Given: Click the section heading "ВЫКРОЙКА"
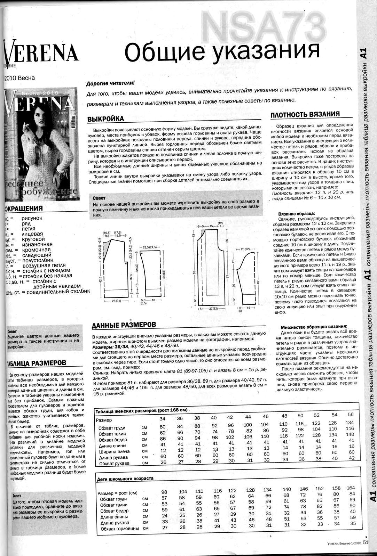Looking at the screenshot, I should [105, 119].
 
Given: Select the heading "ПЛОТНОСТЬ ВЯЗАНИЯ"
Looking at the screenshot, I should [305, 114].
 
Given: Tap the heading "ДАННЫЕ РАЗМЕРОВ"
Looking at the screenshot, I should [123, 326].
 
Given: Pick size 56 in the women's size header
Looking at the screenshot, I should [351, 414].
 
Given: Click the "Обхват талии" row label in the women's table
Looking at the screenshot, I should [112, 434].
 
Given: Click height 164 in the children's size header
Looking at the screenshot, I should [351, 488].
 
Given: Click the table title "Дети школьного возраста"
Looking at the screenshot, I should [125, 478].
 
